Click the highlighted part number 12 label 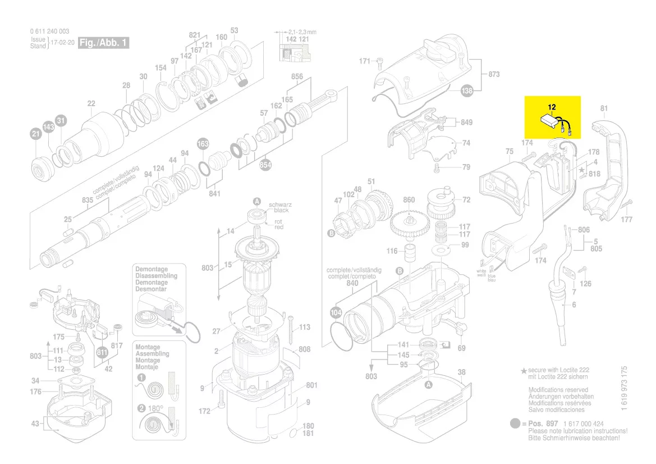click(x=552, y=106)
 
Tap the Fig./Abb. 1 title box click(x=103, y=43)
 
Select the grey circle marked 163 click(x=203, y=144)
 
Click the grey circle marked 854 click(x=265, y=165)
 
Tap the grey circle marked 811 click(x=102, y=352)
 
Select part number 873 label click(x=494, y=74)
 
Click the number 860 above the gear click(x=409, y=200)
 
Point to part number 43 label click(x=35, y=424)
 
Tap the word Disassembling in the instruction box click(x=156, y=276)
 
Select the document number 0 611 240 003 click(x=50, y=31)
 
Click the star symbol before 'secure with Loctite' click(x=524, y=371)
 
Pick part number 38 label click(x=461, y=372)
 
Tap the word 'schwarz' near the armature click(x=279, y=204)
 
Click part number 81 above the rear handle click(x=604, y=108)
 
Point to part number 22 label click(x=91, y=103)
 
